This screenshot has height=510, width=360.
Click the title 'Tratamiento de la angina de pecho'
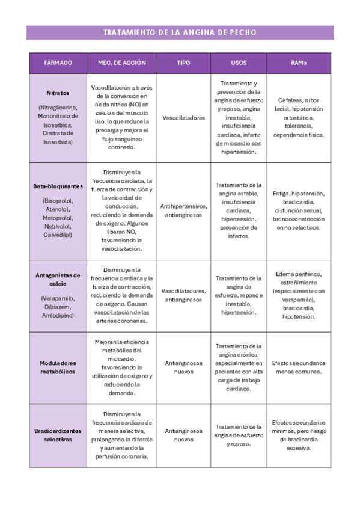(x=180, y=32)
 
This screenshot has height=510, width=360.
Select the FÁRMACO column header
(x=58, y=63)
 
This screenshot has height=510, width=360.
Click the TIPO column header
(x=183, y=63)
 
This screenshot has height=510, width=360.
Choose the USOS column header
(x=239, y=63)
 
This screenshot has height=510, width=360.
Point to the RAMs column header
(x=300, y=63)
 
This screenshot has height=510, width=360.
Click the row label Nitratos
(x=58, y=93)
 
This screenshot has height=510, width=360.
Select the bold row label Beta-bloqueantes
(x=58, y=186)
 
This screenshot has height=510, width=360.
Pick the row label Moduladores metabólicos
(x=58, y=367)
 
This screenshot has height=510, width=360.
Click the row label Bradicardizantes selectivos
(x=58, y=435)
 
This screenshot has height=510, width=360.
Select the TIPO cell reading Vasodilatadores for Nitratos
(x=183, y=118)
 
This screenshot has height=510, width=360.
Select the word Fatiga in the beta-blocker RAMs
(x=282, y=194)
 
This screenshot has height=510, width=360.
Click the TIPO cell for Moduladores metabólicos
(x=183, y=367)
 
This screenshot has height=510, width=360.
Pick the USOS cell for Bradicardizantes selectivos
(x=239, y=435)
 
